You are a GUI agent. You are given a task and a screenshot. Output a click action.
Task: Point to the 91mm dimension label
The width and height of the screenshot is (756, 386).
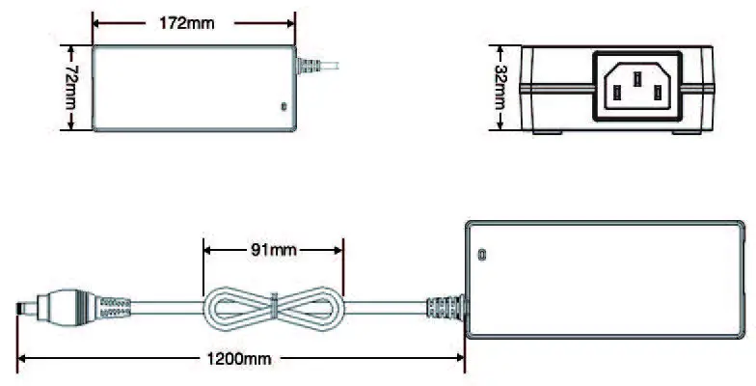click(x=273, y=250)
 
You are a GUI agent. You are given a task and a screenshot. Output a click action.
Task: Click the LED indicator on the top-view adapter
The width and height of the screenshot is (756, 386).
click(x=283, y=105)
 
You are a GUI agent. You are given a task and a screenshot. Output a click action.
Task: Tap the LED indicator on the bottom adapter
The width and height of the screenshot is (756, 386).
click(x=482, y=256)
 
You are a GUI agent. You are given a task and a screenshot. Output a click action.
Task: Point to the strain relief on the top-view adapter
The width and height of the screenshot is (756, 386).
click(x=309, y=66)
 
